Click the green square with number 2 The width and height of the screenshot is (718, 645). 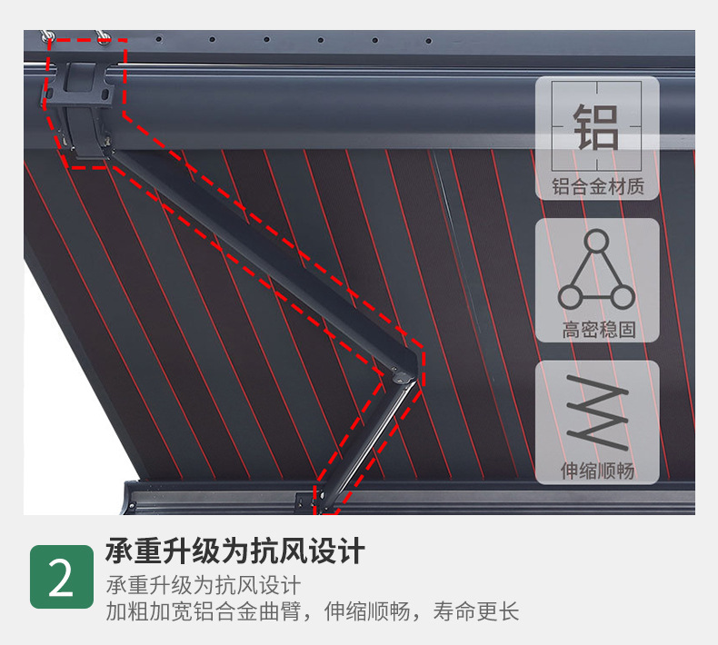click(62, 577)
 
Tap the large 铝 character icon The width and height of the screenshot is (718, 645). click(596, 126)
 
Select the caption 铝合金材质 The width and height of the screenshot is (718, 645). click(597, 187)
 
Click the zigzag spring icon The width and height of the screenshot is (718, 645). click(597, 412)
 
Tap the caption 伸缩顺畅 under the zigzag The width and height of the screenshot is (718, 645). click(597, 471)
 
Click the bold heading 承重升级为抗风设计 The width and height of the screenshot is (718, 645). click(234, 551)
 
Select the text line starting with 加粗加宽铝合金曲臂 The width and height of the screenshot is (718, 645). click(313, 611)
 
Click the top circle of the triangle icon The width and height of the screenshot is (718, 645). click(596, 241)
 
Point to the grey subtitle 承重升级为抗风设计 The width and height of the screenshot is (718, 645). click(204, 585)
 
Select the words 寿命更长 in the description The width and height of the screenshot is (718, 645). click(476, 611)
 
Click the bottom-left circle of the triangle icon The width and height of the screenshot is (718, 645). click(570, 297)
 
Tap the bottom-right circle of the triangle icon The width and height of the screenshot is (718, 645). click(623, 297)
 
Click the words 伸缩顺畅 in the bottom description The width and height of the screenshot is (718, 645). click(367, 611)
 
